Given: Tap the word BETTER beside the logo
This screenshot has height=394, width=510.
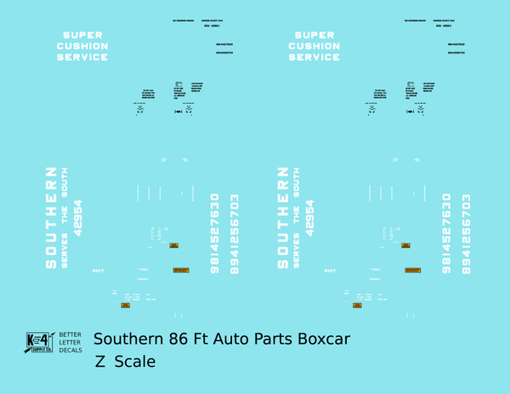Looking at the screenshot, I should coord(70,335).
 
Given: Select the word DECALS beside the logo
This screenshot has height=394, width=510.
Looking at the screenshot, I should coord(70,351).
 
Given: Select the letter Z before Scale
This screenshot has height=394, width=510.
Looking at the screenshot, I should coord(101,362).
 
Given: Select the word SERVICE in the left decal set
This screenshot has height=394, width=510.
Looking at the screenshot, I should coord(82,57).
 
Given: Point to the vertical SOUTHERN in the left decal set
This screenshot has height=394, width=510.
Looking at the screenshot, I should coord(50,217).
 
